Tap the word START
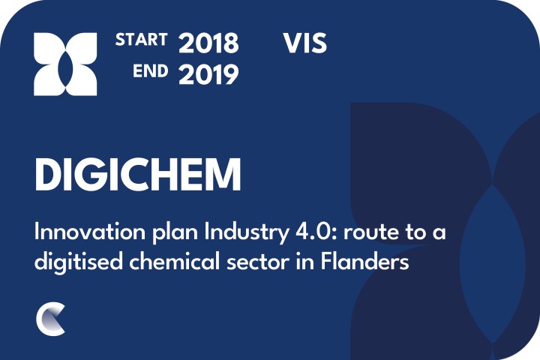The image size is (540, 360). [141, 40]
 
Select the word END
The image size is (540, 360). [151, 71]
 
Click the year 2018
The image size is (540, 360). [208, 43]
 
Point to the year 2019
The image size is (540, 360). [208, 75]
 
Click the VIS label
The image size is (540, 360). [305, 43]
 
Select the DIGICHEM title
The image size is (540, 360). [138, 174]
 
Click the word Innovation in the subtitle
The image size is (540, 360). [90, 232]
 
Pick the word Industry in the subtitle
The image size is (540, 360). [247, 233]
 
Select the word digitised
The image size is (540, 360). [79, 262]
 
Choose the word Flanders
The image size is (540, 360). [365, 262]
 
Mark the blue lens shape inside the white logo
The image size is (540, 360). [65, 64]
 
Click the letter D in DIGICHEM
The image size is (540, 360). [49, 174]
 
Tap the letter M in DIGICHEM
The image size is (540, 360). [224, 174]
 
